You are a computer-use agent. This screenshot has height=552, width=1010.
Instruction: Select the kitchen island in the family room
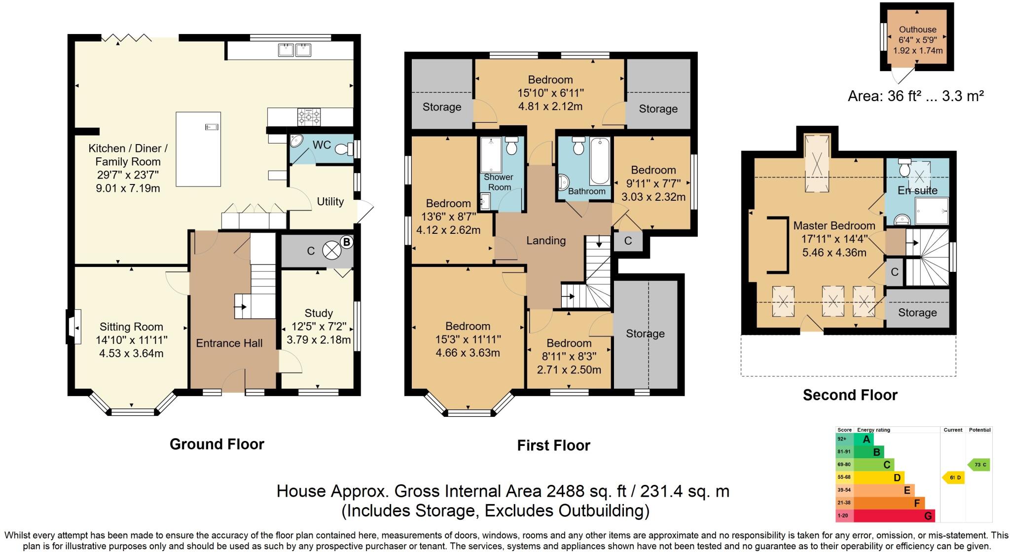coord(198,149)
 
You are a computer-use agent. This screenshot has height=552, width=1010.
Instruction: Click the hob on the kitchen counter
coord(308,117)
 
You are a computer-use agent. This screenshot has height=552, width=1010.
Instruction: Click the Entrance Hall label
coord(229,343)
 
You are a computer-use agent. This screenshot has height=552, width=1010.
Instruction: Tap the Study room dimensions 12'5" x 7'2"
coord(318,327)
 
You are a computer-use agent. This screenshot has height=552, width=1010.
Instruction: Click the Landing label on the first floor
coord(545,241)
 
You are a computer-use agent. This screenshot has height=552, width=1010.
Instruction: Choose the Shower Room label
coord(499,182)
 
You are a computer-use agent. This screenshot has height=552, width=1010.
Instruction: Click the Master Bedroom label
coord(834,226)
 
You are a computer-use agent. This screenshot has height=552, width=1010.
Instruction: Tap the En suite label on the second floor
coord(917,190)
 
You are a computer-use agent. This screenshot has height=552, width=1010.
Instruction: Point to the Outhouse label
coord(917,30)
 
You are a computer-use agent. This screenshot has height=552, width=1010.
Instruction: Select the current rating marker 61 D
coord(954,478)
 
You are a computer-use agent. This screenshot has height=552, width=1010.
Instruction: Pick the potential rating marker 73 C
coord(979,465)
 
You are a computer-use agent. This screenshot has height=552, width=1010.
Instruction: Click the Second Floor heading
coord(850,395)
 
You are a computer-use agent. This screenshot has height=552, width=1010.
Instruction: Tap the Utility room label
coord(330,202)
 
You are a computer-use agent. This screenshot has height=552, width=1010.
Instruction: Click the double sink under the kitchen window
coord(294,49)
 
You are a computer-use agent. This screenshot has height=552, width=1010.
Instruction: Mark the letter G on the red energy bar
coord(928,516)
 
